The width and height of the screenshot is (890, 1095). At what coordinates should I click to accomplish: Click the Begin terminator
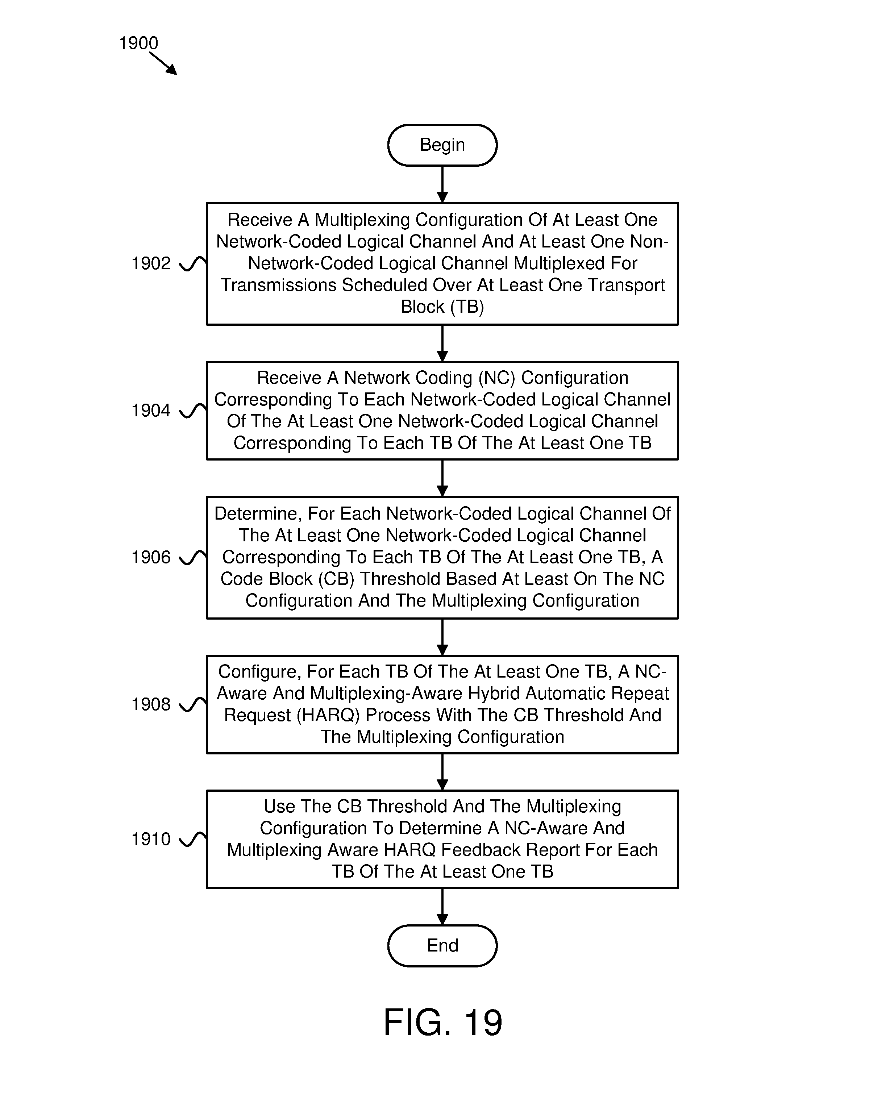point(442,145)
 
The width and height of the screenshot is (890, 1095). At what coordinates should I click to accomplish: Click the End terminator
point(442,945)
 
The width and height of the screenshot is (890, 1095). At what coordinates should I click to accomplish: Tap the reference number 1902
point(151,263)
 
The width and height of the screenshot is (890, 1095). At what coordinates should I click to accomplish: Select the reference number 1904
point(151,411)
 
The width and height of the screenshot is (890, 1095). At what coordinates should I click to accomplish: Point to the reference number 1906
point(151,557)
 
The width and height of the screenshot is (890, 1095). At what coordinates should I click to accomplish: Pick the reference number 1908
point(151,704)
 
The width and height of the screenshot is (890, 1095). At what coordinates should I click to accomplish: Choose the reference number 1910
point(151,839)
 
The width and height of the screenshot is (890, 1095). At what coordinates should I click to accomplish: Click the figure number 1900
point(138,43)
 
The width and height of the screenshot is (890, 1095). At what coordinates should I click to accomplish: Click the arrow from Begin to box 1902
point(442,184)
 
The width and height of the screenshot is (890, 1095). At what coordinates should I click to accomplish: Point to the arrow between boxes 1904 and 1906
point(442,478)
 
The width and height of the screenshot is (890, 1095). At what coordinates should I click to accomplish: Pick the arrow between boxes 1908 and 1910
point(442,772)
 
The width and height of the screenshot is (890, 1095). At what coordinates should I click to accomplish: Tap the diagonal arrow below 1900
point(163,63)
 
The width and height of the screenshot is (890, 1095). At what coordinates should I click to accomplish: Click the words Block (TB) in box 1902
point(442,307)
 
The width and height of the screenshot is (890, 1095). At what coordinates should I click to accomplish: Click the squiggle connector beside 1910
point(193,839)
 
